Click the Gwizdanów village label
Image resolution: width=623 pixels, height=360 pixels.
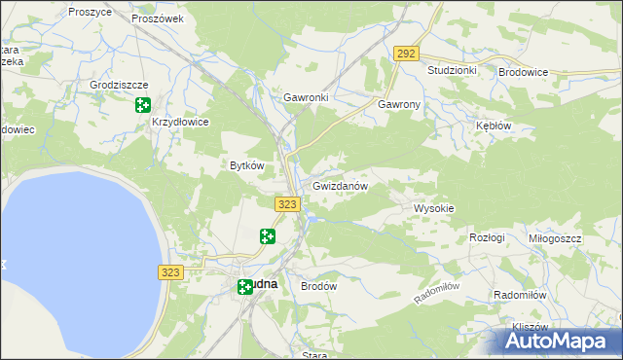click(340, 186)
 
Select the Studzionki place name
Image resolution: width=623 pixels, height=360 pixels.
click(452, 71)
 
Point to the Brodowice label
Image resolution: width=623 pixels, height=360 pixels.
click(523, 72)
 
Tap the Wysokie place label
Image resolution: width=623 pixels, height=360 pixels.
click(434, 208)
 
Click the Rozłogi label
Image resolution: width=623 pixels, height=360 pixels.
click(487, 238)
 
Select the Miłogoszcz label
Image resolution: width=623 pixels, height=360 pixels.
click(555, 238)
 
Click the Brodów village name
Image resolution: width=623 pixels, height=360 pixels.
click(318, 287)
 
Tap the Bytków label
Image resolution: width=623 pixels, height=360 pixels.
click(246, 165)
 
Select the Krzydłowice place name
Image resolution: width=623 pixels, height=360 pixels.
click(181, 123)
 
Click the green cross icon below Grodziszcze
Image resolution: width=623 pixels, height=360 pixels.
click(143, 105)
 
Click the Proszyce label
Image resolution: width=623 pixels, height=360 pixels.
click(90, 12)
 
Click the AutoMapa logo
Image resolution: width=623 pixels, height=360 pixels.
click(559, 341)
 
